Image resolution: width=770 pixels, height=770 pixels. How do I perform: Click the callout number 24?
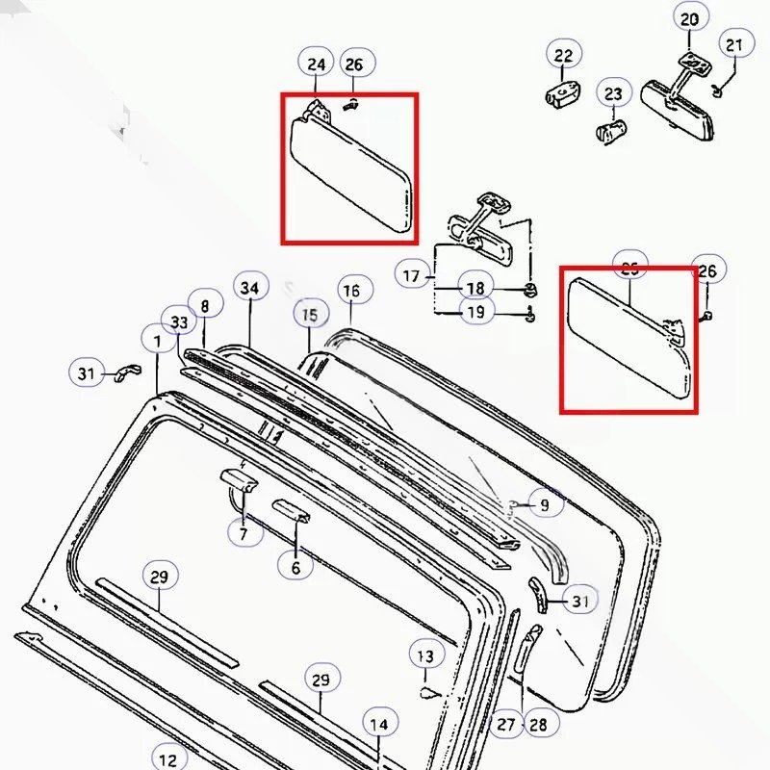tap(316, 64)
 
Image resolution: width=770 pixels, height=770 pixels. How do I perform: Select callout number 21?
tap(734, 44)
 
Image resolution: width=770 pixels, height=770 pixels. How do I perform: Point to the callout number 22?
tap(563, 56)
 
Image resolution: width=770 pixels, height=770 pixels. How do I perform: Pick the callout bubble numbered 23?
tap(613, 94)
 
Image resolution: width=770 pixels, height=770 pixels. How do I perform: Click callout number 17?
tap(412, 276)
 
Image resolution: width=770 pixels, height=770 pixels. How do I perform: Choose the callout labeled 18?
tap(475, 288)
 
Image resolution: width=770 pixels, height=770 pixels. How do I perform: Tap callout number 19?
tap(475, 312)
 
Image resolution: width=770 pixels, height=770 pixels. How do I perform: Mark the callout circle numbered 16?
tap(352, 291)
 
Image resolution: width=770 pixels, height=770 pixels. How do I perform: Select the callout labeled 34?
tap(249, 288)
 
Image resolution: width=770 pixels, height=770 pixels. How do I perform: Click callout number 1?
tap(156, 340)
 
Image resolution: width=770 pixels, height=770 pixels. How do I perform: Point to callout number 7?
tap(244, 532)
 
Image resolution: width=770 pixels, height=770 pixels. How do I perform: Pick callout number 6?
tap(295, 568)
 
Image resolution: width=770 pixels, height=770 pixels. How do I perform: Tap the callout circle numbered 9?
tap(545, 502)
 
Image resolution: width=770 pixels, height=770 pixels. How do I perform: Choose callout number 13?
tap(424, 657)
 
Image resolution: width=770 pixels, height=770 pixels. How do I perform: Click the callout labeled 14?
tap(379, 724)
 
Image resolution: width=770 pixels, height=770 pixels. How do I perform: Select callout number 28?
tap(537, 724)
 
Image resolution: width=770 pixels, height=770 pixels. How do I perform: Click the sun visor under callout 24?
tap(353, 170)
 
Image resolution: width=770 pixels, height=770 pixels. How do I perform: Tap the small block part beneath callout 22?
tap(566, 93)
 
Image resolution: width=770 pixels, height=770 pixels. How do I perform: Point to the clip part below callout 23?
tap(609, 130)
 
